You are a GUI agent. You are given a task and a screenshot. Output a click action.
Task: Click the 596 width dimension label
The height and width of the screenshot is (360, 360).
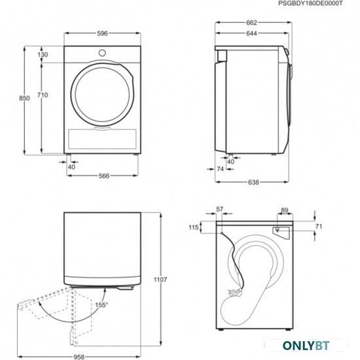coord(102,33)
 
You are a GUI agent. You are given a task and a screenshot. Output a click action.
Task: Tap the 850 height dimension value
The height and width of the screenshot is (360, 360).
coord(24,98)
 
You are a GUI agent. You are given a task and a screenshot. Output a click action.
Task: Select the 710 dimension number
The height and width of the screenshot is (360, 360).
coord(43,95)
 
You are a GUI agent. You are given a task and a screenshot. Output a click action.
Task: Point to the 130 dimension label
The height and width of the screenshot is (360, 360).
coord(43,54)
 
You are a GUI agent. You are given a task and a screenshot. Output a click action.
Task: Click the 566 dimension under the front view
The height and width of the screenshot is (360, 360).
coord(104,176)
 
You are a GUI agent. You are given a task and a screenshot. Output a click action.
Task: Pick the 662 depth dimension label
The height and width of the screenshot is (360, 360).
coord(251,23)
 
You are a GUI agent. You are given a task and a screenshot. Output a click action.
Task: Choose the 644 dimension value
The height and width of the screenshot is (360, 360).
coord(251,33)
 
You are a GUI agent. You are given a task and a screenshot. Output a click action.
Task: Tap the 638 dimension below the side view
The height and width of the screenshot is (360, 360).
coord(253,183)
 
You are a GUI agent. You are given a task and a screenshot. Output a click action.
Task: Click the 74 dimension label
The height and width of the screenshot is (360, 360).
coord(220,169)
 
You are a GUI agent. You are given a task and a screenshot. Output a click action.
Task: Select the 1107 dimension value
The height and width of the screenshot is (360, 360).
coord(160,279)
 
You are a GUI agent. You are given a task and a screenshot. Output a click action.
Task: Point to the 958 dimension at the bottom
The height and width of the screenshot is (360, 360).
coord(79,357)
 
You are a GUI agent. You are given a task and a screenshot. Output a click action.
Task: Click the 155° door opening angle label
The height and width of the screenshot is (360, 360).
coord(101,305)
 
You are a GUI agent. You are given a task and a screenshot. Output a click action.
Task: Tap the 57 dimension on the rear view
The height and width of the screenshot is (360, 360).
coord(220,209)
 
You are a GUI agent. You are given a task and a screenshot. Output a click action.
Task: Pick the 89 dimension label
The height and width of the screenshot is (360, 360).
coord(285,210)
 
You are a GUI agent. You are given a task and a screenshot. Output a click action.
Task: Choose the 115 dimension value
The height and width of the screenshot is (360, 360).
coord(194,227)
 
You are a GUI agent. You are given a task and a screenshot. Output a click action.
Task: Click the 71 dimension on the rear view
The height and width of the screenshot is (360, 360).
coord(319,226)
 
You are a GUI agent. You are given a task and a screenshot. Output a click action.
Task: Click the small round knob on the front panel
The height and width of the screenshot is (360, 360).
coord(102,53)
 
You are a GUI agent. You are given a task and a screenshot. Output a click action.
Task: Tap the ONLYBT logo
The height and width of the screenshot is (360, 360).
coord(306,346)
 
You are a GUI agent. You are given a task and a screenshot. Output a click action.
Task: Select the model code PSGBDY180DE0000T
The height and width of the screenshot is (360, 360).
coord(310,3)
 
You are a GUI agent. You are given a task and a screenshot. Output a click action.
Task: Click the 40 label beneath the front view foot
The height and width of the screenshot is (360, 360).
coord(71,167)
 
